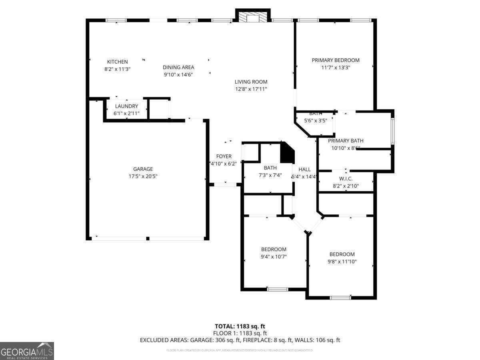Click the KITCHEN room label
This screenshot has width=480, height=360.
[117, 62]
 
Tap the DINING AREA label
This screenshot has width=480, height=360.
[178, 67]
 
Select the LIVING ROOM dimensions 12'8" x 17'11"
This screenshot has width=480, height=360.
[251, 89]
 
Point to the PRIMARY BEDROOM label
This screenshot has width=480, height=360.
[336, 60]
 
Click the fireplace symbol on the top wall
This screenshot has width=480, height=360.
[253, 16]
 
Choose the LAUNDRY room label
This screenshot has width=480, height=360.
[126, 106]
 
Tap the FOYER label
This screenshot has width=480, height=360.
[224, 156]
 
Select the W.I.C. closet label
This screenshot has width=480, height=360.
[346, 179]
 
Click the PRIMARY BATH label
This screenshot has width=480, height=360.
[346, 140]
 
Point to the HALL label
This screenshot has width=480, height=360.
[304, 169]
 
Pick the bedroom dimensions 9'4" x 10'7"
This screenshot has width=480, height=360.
[274, 256]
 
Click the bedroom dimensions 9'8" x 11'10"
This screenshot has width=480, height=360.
[342, 262]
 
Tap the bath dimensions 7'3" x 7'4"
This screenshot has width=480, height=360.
[270, 175]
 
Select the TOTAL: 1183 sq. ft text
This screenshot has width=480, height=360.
[240, 326]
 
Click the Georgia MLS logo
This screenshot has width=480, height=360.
[27, 351]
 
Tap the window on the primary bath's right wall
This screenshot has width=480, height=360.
[393, 131]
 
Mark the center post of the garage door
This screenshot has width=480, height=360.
[148, 238]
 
